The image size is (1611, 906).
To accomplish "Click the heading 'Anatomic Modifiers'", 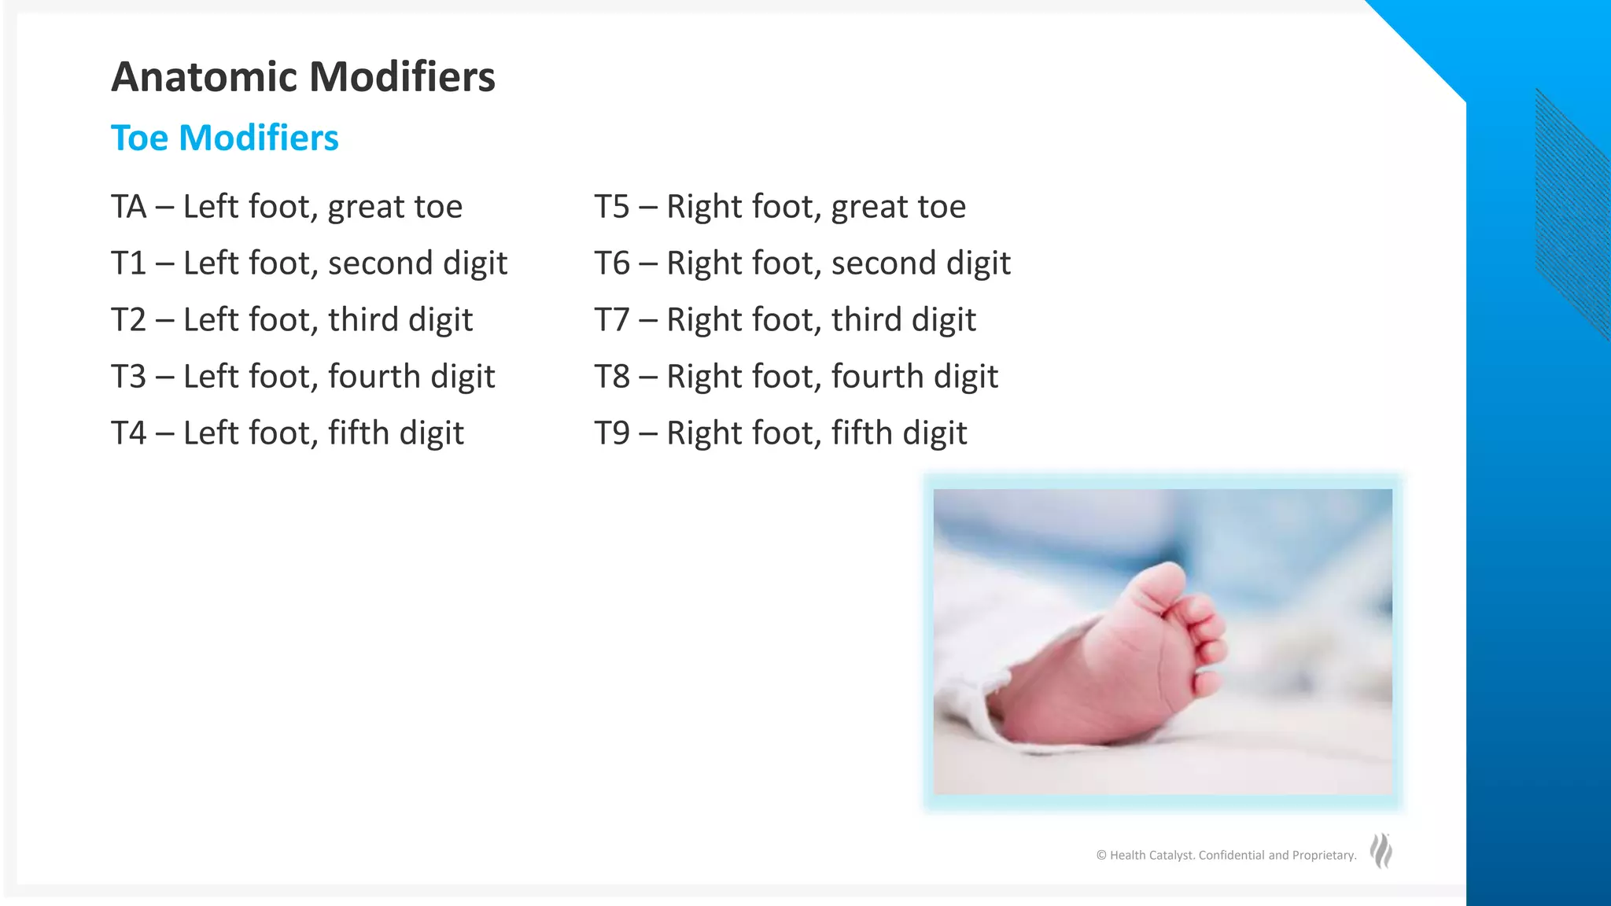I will click(x=303, y=77).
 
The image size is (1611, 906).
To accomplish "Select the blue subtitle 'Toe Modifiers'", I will click(x=224, y=138).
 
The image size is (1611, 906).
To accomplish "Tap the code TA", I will click(x=128, y=207).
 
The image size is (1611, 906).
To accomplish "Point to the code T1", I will click(x=128, y=263).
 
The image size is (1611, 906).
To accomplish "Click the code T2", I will click(x=128, y=320).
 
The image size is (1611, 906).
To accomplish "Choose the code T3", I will click(x=128, y=377).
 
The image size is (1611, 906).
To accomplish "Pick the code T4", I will click(x=128, y=433).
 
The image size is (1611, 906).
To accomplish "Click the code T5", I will click(x=611, y=207).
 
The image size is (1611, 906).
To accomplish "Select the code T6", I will click(x=611, y=263).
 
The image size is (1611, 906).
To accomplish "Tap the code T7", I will click(x=611, y=320).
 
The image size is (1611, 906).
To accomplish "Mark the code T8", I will click(x=611, y=377).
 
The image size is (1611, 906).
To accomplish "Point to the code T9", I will click(x=611, y=433).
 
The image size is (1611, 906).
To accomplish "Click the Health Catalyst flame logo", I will click(x=1381, y=851).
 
